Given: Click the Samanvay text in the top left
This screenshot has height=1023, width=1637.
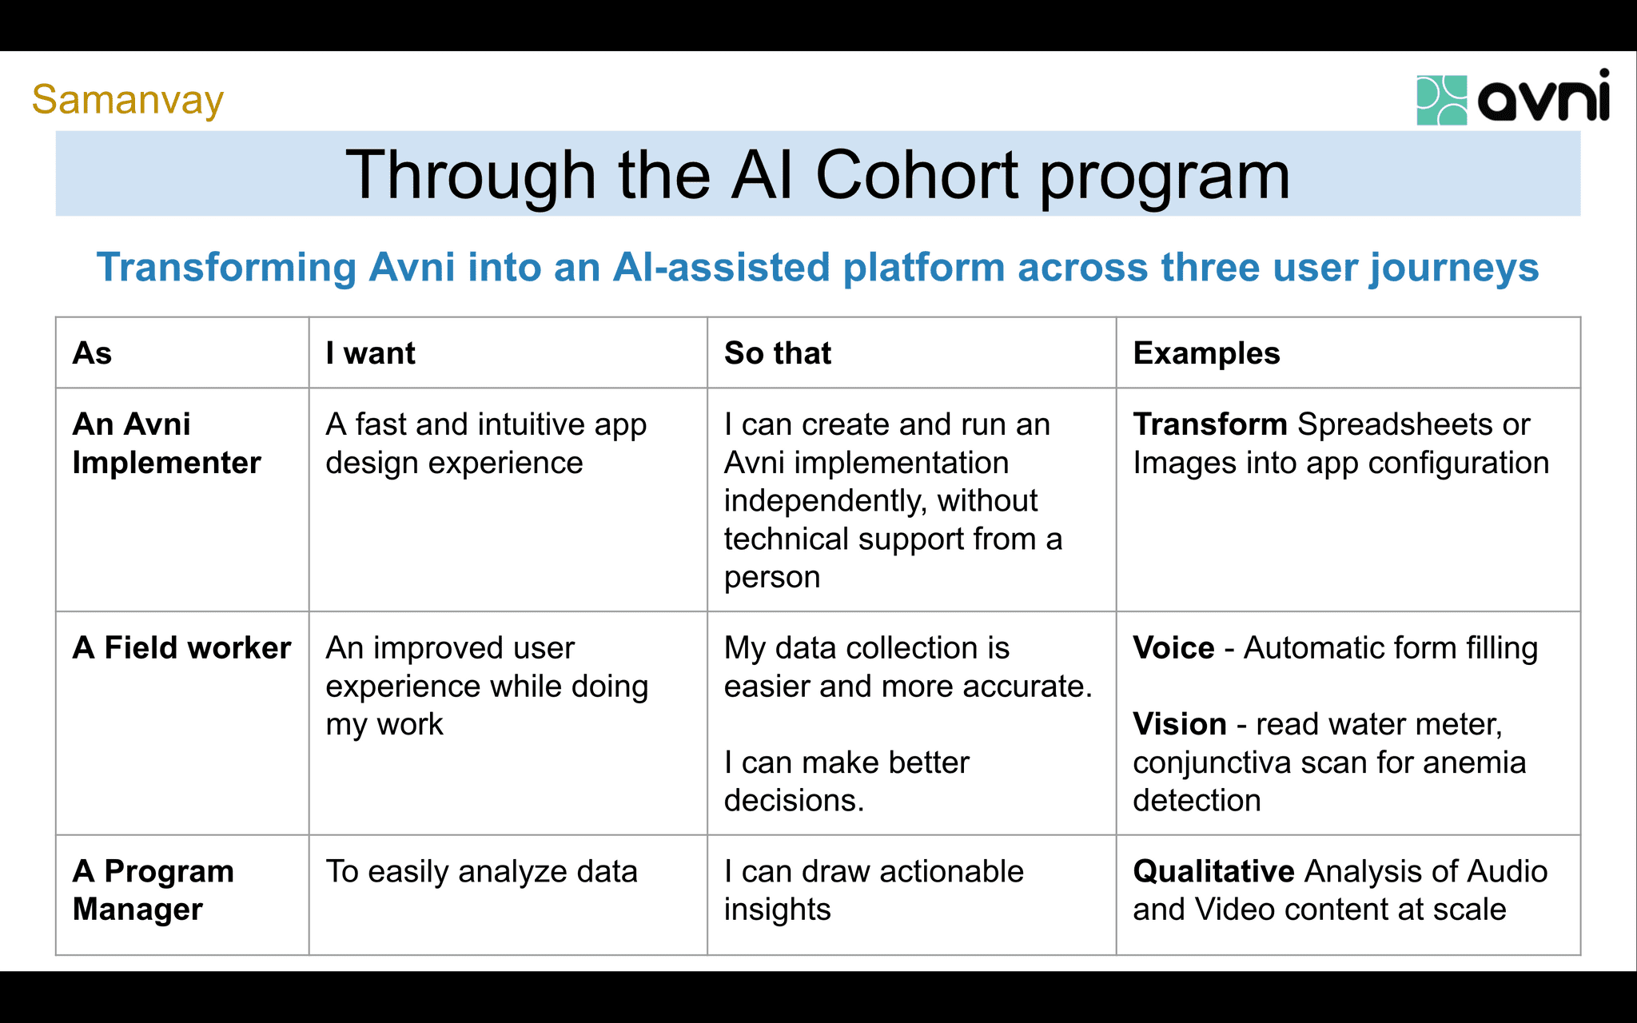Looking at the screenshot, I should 127,100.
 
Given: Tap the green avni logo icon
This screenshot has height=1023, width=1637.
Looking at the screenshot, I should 1441,100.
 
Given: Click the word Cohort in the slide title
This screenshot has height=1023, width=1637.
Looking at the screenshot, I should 916,175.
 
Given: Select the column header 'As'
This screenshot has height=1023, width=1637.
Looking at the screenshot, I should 92,353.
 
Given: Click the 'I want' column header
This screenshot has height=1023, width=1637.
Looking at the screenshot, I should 370,353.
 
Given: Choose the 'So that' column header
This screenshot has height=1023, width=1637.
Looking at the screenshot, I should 777,353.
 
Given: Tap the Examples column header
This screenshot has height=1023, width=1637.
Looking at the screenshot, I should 1206,353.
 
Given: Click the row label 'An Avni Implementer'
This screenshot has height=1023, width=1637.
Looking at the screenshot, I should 166,444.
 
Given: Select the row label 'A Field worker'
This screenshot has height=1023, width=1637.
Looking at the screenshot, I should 181,647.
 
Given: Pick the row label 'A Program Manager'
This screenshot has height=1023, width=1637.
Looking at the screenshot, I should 153,890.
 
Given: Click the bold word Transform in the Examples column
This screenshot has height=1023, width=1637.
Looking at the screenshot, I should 1209,424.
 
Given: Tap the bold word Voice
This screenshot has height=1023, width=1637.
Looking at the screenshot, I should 1173,647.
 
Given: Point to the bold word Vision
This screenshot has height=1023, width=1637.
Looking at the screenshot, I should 1179,724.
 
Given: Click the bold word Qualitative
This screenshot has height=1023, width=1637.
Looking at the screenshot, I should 1213,871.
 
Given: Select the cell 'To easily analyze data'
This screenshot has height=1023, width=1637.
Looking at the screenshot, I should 481,871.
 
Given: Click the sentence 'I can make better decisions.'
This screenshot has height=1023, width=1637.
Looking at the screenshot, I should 846,782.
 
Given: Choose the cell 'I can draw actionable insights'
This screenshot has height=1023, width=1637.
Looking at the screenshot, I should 873,890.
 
